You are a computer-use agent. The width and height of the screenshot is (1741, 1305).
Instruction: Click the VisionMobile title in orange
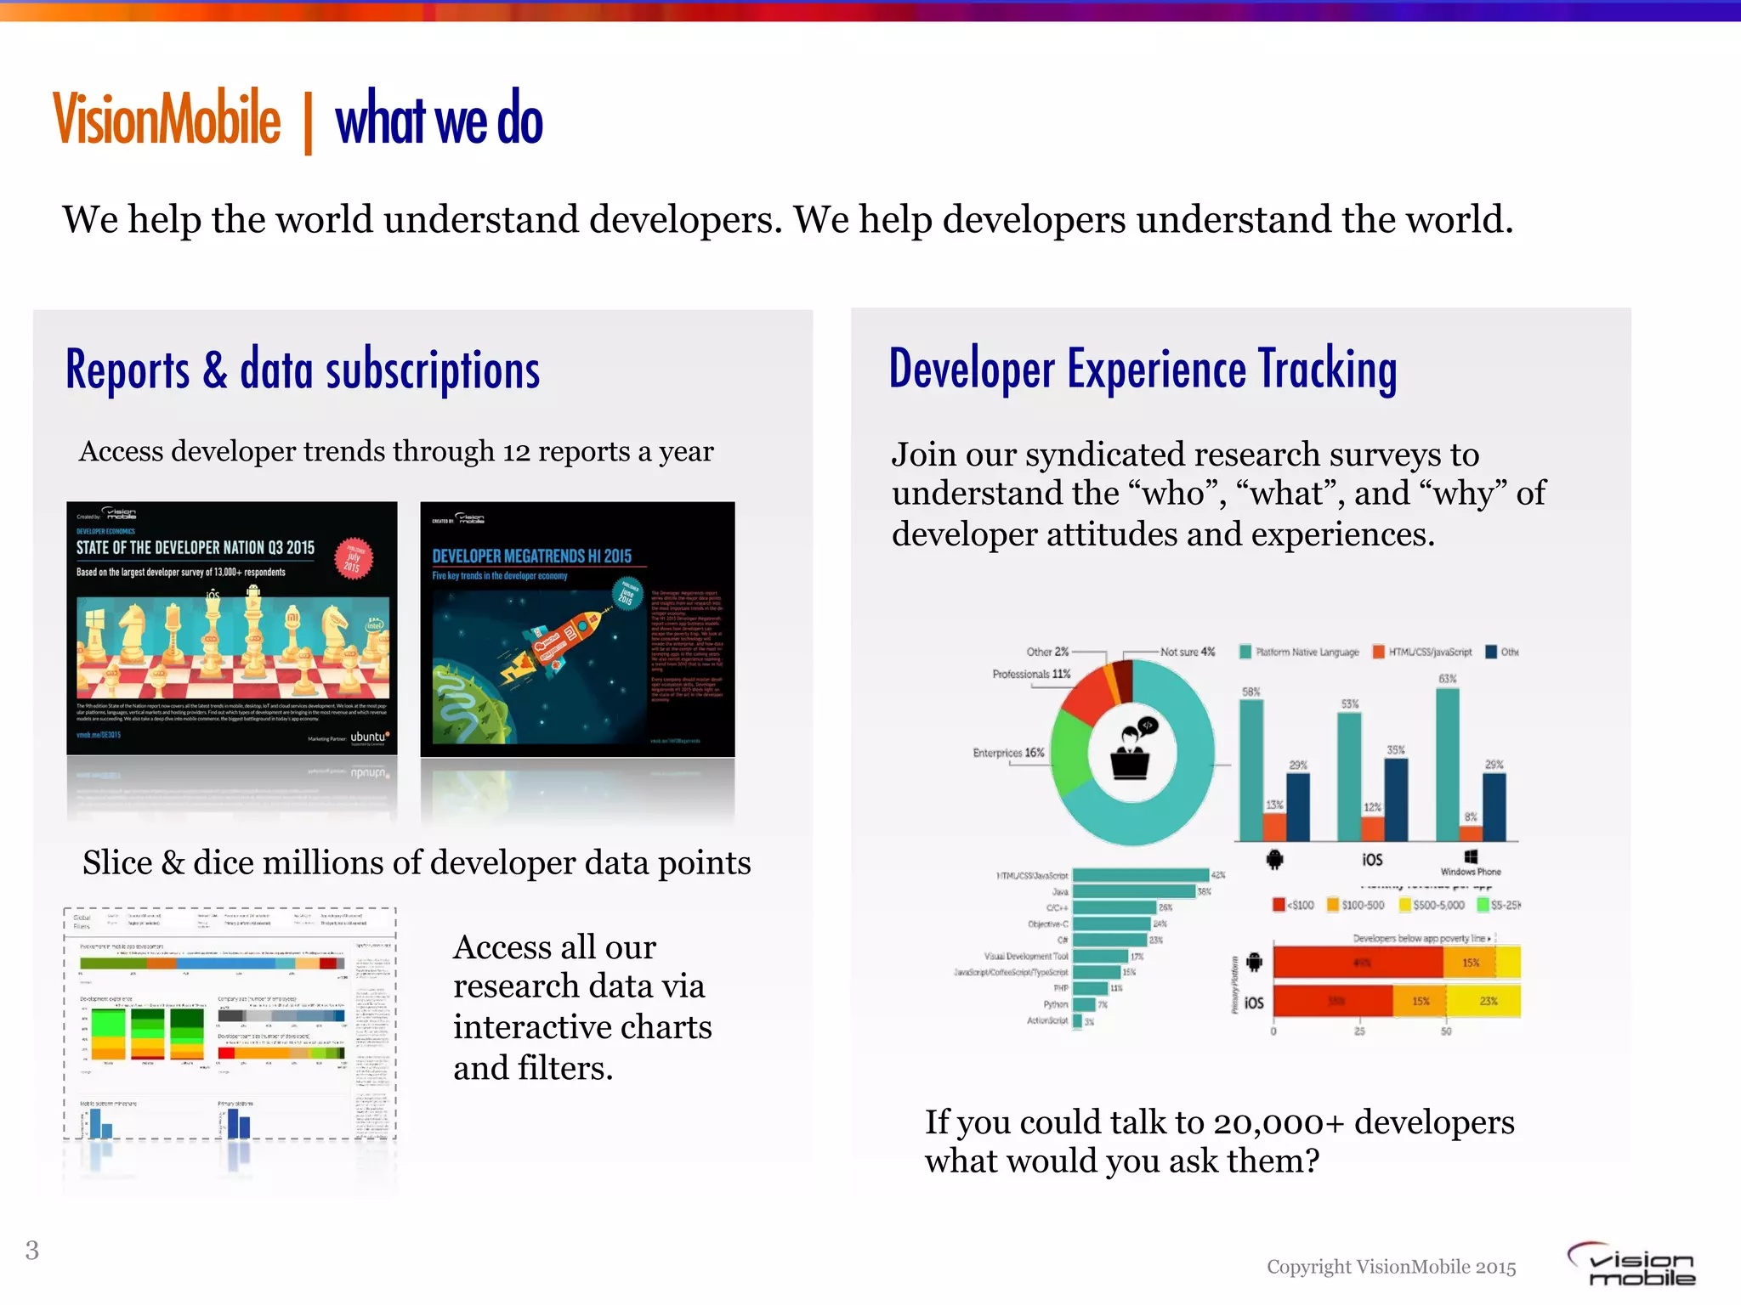pos(167,120)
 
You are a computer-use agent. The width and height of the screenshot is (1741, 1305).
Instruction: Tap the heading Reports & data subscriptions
pos(303,370)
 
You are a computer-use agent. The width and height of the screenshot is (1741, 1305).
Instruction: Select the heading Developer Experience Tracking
pos(1143,370)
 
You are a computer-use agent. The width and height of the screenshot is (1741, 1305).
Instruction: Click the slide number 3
pos(32,1250)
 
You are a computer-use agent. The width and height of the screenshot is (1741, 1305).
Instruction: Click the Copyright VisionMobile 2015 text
pos(1391,1267)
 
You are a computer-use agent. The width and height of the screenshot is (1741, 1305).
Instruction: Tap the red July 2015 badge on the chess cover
pos(354,559)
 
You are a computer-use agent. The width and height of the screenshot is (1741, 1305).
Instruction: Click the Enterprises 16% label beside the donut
pos(1008,753)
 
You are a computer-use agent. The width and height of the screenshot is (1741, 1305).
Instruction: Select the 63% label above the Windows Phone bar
pos(1447,679)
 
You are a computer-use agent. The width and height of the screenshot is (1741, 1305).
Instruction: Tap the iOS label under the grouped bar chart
pos(1372,860)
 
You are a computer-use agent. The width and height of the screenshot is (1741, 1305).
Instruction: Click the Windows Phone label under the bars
pos(1471,871)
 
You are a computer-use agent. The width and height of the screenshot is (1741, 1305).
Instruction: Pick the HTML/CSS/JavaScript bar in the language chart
pos(1139,875)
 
